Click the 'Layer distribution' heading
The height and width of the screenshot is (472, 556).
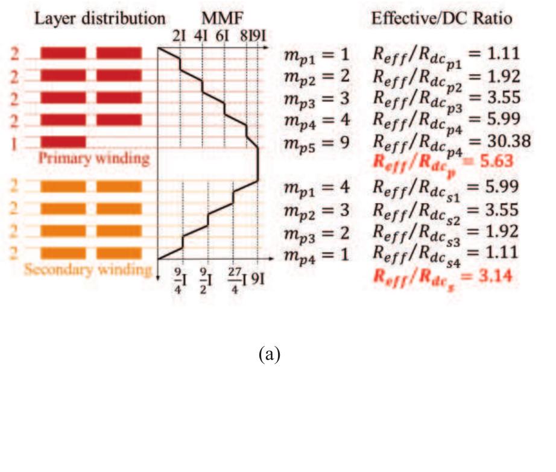coord(100,19)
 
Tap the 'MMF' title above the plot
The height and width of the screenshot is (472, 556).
coord(223,19)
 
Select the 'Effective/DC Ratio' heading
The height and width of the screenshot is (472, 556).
coord(441,19)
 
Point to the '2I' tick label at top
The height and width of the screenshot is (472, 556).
coord(180,36)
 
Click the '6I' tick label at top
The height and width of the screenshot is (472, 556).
coord(223,36)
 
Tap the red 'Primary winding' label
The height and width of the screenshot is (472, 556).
coord(94,159)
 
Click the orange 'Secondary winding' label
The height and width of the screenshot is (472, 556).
coord(88,270)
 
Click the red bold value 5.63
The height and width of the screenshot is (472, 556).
coord(496,161)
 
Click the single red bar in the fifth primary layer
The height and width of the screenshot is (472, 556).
coord(63,142)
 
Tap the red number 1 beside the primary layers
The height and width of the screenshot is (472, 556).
coord(14,144)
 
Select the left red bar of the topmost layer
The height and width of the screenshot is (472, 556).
coord(63,53)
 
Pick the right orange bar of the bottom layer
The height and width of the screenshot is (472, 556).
coord(119,253)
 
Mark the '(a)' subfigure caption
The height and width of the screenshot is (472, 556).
coord(270,354)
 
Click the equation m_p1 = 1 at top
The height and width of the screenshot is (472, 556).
coord(317,55)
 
